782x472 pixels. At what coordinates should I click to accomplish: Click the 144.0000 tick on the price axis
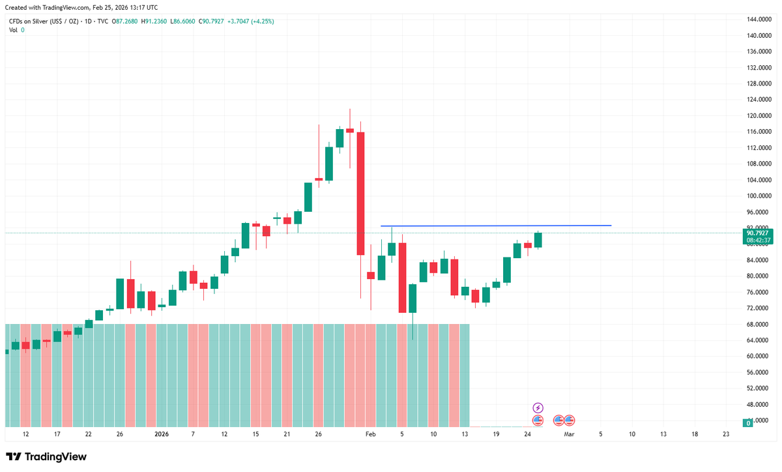759,20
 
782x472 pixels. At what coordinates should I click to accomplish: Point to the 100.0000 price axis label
759,196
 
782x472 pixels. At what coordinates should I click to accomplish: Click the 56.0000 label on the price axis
759,372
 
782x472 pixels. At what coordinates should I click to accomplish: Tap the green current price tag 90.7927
759,233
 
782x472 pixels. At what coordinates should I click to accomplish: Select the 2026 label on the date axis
161,434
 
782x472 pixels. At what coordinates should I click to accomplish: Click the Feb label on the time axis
371,434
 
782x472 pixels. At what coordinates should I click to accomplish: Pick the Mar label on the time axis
569,434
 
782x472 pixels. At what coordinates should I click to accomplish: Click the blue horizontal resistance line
495,226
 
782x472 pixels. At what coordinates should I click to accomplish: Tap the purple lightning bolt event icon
538,407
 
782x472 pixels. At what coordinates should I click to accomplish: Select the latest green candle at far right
538,240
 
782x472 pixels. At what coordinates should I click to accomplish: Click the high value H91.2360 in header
153,22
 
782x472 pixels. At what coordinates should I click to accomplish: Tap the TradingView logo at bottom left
46,457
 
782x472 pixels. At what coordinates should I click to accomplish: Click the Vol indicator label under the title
13,31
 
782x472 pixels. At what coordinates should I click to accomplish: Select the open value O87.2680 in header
125,22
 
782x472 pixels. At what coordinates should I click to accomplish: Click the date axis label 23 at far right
726,434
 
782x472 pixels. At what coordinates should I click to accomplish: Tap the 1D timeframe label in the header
87,22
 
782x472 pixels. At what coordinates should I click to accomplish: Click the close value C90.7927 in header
209,22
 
